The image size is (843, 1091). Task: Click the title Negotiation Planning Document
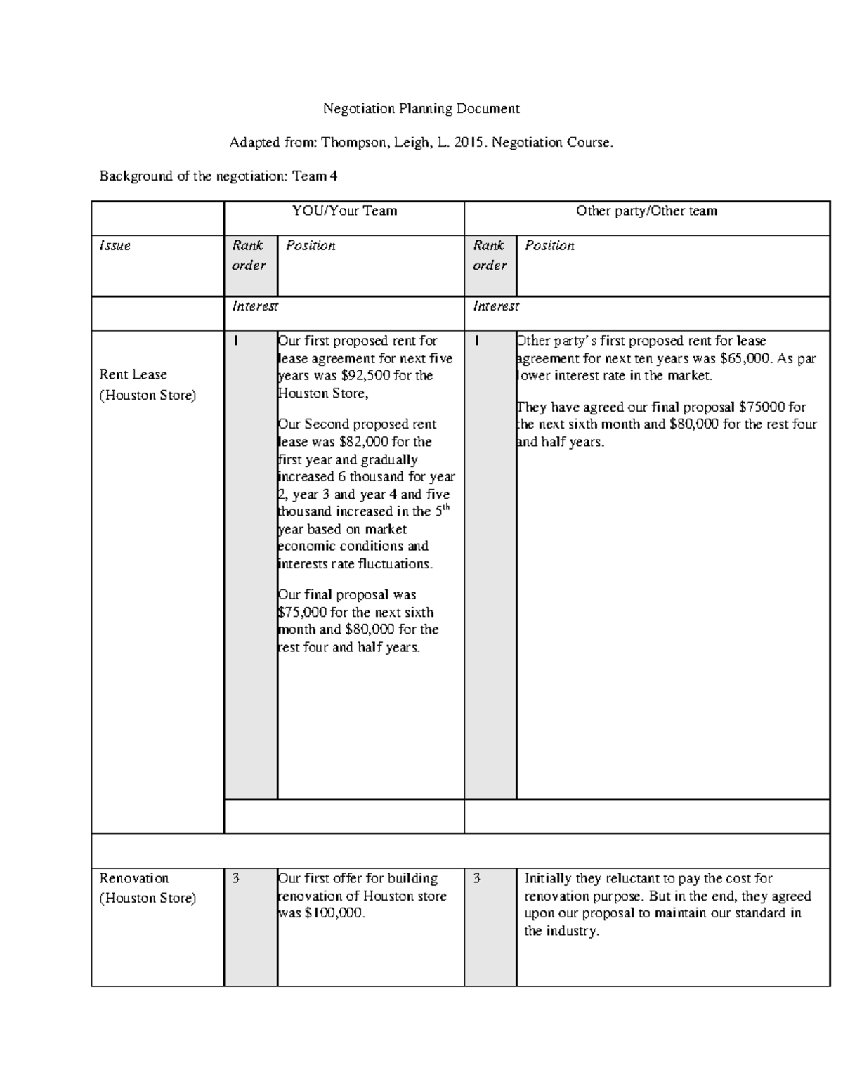pyautogui.click(x=421, y=109)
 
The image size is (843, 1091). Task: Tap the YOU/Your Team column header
pyautogui.click(x=344, y=211)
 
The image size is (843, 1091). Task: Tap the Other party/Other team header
pyautogui.click(x=646, y=211)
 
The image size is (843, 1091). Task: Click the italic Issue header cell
pyautogui.click(x=115, y=246)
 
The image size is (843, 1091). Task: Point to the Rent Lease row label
pyautogui.click(x=133, y=374)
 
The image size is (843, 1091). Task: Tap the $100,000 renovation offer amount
pyautogui.click(x=336, y=913)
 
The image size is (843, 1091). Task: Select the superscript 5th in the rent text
pyautogui.click(x=443, y=510)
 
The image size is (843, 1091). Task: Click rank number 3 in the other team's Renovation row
pyautogui.click(x=477, y=878)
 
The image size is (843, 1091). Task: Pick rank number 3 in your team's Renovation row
pyautogui.click(x=236, y=878)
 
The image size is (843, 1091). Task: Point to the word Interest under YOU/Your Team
pyautogui.click(x=255, y=306)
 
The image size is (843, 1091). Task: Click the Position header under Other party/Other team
pyautogui.click(x=549, y=246)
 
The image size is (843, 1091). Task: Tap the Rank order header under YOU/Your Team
pyautogui.click(x=249, y=255)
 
